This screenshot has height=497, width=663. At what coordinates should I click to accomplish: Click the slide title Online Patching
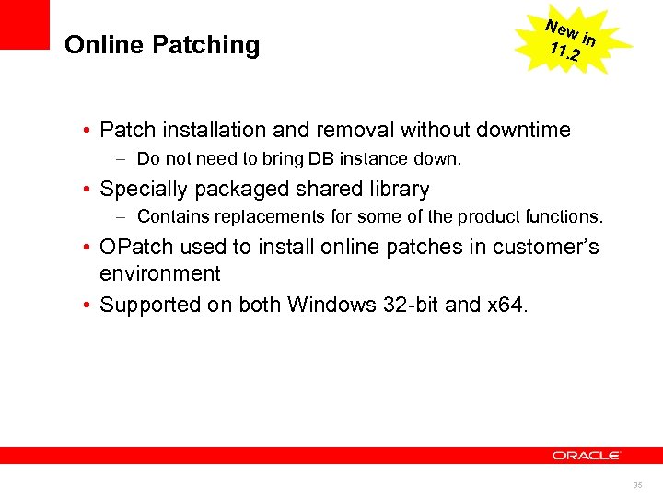(162, 45)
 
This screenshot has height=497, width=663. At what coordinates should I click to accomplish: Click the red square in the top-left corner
(25, 24)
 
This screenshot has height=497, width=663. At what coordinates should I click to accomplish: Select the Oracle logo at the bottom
(587, 455)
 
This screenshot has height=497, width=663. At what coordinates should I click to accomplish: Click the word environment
(160, 273)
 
